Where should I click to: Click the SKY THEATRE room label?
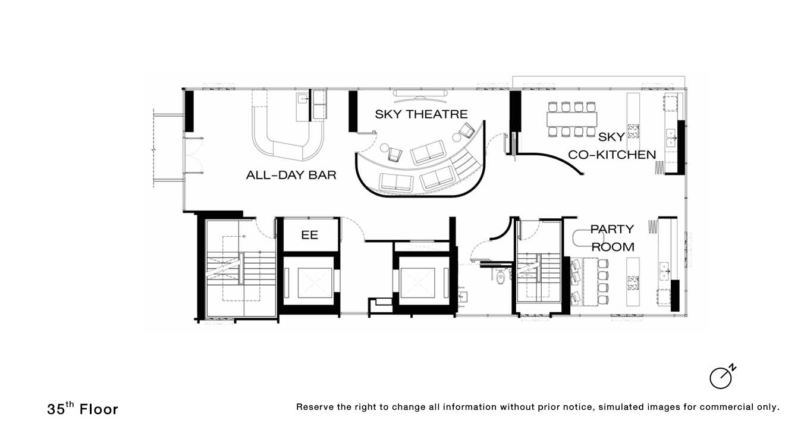click(x=421, y=114)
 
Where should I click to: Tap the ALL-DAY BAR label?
click(x=291, y=175)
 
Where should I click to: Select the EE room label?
click(x=309, y=235)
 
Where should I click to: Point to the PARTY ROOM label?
click(x=613, y=238)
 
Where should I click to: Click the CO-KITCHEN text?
click(x=611, y=155)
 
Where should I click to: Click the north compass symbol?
click(x=722, y=377)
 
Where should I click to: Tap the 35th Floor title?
click(x=83, y=409)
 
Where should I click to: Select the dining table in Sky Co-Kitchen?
click(x=571, y=120)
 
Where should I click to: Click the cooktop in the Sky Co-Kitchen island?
click(x=633, y=131)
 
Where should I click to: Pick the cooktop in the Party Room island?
click(x=633, y=283)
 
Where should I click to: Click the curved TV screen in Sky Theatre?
click(x=420, y=93)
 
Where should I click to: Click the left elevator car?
click(x=315, y=283)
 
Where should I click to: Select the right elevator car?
click(x=417, y=283)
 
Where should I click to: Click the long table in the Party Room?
click(x=591, y=281)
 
